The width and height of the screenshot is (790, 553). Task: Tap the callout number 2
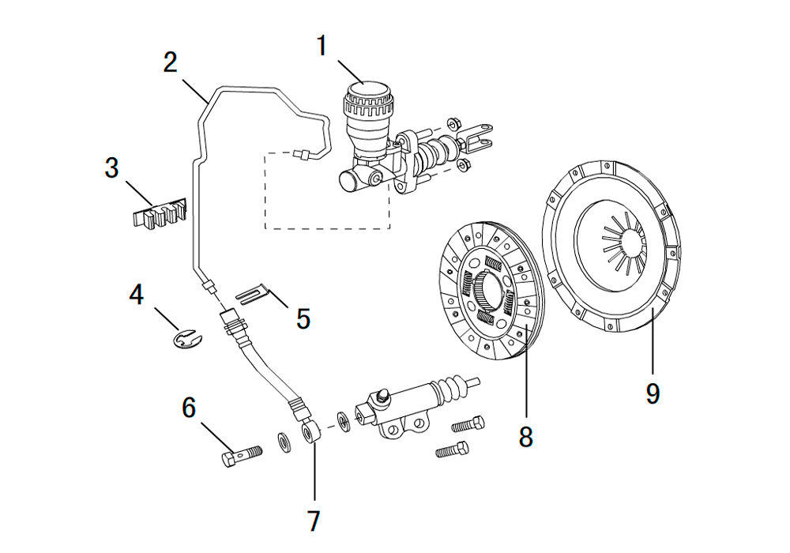point(171,62)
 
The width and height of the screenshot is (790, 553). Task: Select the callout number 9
point(653,393)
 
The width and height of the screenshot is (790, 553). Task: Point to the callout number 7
point(314,521)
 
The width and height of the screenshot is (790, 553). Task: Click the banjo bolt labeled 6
point(242,455)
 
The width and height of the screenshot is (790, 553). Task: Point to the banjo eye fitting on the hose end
point(310,433)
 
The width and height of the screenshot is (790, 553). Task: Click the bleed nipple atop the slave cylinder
point(382,395)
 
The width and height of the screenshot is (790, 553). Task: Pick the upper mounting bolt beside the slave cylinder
point(468,424)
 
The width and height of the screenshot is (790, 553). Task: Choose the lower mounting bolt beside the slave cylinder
point(452,450)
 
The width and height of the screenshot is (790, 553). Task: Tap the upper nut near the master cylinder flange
point(453,123)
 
